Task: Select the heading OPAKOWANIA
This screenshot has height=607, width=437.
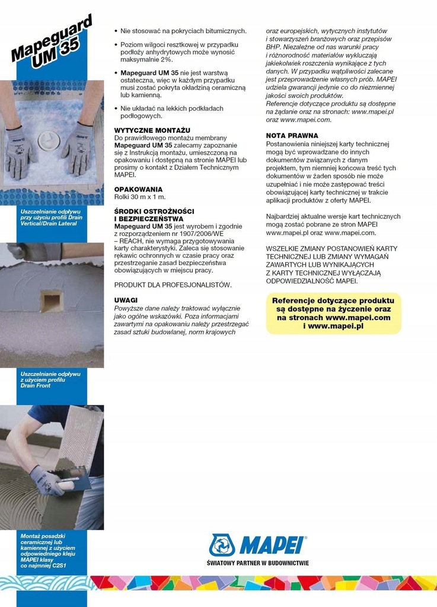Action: point(138,189)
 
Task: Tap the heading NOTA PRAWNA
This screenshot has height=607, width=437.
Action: point(292,136)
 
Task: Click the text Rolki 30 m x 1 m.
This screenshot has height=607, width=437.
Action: point(139,197)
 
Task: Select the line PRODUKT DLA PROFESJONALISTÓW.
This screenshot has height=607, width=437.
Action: point(173,285)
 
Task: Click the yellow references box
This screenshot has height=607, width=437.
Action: point(333,314)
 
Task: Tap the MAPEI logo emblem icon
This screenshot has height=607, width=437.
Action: point(222,545)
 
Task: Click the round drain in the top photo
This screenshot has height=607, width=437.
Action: point(49,141)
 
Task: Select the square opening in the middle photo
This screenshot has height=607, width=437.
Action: point(51,301)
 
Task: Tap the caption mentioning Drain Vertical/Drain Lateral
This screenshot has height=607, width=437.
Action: point(51,218)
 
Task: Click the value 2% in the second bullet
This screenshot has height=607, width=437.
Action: point(166,60)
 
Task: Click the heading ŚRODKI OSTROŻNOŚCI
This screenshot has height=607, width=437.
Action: point(154,212)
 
